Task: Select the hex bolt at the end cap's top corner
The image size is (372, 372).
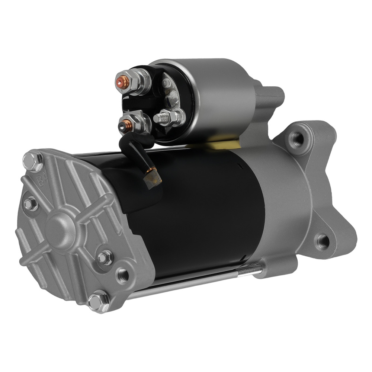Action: [x=29, y=161]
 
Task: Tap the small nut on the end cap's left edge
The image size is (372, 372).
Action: [x=30, y=203]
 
